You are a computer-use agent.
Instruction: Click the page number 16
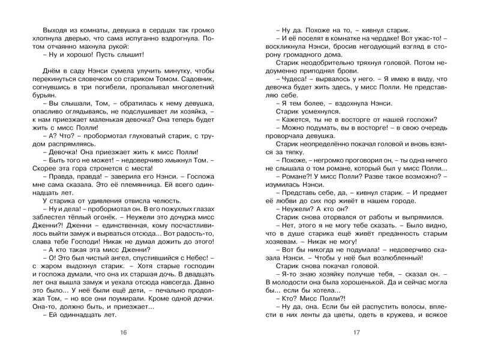(x=124, y=332)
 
